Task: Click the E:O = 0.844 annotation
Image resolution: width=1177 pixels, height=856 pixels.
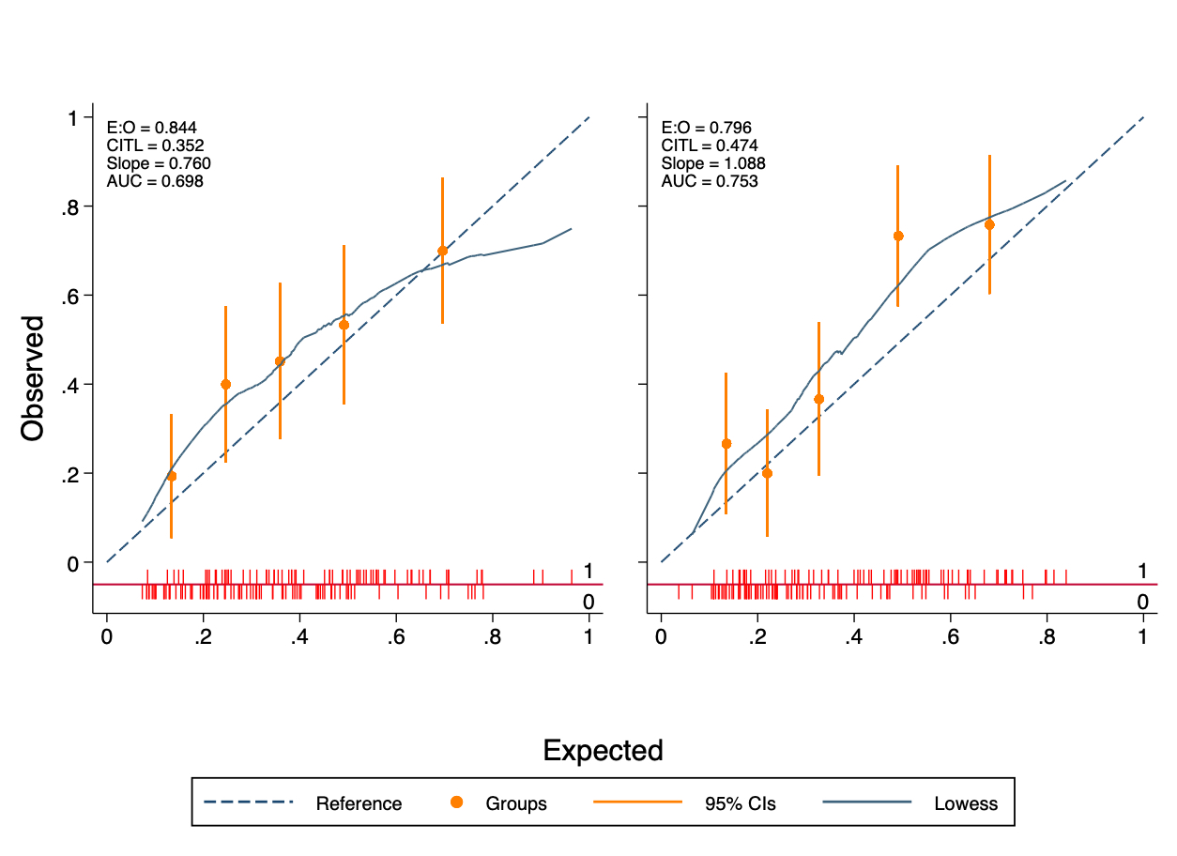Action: [151, 128]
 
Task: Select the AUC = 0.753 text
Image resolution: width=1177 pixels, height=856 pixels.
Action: [710, 181]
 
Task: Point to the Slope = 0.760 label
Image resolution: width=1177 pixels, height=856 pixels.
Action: [159, 163]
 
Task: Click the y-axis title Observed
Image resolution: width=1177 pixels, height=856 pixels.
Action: [34, 377]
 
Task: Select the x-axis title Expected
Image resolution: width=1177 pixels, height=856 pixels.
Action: [604, 751]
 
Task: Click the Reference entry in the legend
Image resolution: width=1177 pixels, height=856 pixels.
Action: [359, 803]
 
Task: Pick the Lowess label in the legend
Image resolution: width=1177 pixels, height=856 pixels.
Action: [966, 803]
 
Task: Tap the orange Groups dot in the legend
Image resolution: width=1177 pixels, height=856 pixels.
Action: [457, 802]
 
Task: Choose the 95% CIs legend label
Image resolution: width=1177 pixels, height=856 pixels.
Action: [741, 803]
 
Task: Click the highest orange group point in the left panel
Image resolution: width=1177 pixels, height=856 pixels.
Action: [442, 251]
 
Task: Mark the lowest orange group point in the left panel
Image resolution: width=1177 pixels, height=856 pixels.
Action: [171, 476]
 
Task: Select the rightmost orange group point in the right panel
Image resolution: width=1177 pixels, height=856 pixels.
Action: [989, 224]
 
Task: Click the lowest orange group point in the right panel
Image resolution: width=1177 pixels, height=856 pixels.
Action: [767, 473]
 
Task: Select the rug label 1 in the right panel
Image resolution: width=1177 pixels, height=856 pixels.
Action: [1142, 572]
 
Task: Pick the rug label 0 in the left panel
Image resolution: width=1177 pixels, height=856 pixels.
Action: [588, 602]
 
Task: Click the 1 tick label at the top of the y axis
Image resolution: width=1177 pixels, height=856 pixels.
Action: [72, 117]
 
